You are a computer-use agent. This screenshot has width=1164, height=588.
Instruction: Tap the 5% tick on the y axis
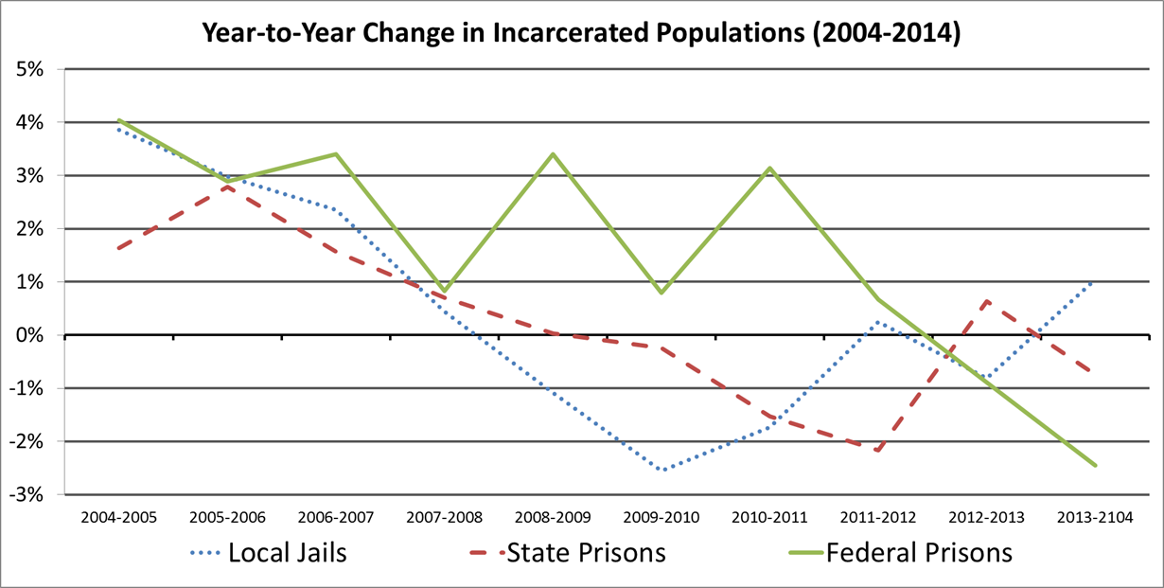coord(40,69)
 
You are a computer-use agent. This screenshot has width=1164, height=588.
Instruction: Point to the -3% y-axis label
coord(37,494)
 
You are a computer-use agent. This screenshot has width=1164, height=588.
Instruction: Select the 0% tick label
coord(40,335)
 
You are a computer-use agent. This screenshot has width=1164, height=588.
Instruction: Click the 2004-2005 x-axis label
coord(119,518)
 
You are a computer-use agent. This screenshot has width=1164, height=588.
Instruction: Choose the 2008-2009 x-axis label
coord(553,518)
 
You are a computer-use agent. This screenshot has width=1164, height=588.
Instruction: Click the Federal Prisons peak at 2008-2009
coord(553,154)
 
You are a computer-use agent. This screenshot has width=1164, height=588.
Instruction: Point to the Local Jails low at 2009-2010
coord(661,470)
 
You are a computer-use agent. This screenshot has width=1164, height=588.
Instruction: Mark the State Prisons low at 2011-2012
coord(878,451)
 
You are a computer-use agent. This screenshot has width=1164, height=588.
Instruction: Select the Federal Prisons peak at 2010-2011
coord(770,169)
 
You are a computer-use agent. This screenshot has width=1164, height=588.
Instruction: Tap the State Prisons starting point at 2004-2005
coord(119,248)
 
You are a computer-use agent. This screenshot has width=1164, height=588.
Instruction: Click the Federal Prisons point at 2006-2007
coord(336,154)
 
